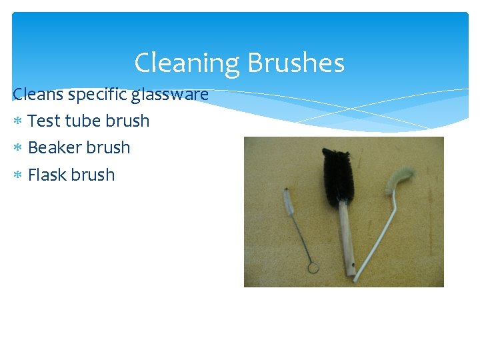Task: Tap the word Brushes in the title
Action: (295, 63)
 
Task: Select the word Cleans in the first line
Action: (38, 95)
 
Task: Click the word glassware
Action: (169, 95)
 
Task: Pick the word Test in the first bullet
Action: (45, 121)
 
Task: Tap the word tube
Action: (85, 121)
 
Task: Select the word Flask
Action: (47, 175)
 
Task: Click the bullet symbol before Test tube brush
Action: (19, 121)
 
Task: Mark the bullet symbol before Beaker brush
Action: (19, 148)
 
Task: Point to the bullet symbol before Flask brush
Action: (19, 175)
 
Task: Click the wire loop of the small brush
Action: (312, 267)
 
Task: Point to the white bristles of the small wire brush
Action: (289, 199)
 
